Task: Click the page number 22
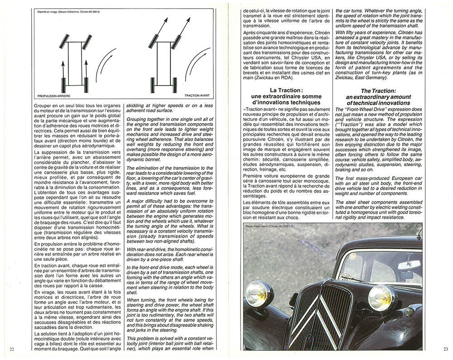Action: pyautogui.click(x=12, y=348)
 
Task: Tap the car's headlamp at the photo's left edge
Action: pyautogui.click(x=259, y=294)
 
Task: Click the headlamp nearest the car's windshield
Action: pyautogui.click(x=382, y=298)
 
